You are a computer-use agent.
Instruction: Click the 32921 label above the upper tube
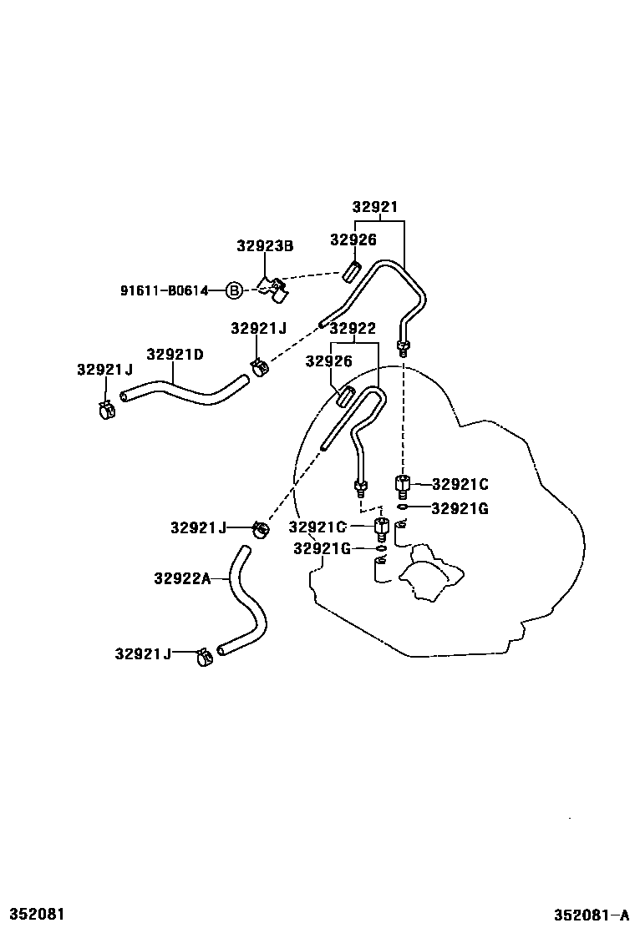coord(374,208)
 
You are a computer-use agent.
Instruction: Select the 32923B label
coord(265,246)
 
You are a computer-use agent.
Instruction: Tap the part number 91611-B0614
coord(171,290)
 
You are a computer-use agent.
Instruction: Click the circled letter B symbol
coord(235,290)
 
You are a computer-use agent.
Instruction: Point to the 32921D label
coord(175,354)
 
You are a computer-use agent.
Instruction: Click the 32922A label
coord(182,577)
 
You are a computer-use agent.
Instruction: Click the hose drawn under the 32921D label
coord(184,390)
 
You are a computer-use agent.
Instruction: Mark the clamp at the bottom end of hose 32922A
coord(202,658)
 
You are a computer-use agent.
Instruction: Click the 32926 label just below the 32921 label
coord(353,240)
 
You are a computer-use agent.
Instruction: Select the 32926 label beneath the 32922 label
coord(328,361)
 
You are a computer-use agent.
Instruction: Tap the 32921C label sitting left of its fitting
coord(317,527)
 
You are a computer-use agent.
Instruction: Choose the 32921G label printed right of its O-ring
coord(460,507)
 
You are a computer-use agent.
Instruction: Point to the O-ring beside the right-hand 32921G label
coord(402,507)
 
